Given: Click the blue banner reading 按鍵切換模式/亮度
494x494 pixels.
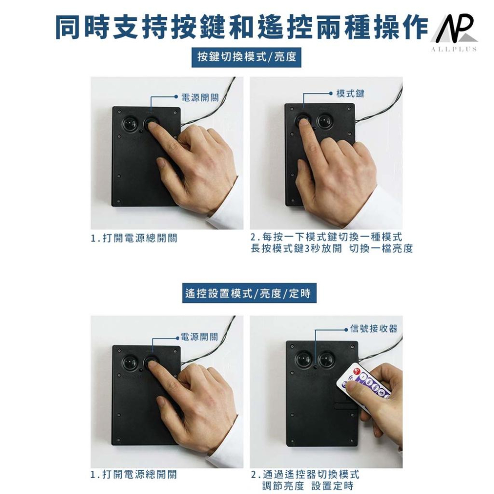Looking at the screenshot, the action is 247,57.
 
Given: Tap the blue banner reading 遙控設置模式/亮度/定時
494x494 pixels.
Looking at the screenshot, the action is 249,293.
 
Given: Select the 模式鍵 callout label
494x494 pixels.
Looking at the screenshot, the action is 350,93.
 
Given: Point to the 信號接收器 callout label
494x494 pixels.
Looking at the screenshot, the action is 374,329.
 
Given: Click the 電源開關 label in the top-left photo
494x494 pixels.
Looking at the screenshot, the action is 200,97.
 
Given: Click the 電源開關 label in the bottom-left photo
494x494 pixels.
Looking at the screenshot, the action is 200,337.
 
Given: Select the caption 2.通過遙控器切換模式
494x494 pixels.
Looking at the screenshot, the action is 305,474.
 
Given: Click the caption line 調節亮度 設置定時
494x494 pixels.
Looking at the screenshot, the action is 308,486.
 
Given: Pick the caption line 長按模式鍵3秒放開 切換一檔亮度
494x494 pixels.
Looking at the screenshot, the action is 332,248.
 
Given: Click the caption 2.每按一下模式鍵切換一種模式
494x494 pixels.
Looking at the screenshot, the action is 327,237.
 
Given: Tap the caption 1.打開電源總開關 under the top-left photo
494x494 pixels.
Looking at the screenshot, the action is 134,238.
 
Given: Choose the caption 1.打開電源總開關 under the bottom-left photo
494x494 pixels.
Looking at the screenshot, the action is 134,474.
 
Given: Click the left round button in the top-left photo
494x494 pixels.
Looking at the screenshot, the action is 129,124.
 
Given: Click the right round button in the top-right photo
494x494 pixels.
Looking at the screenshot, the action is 325,122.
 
